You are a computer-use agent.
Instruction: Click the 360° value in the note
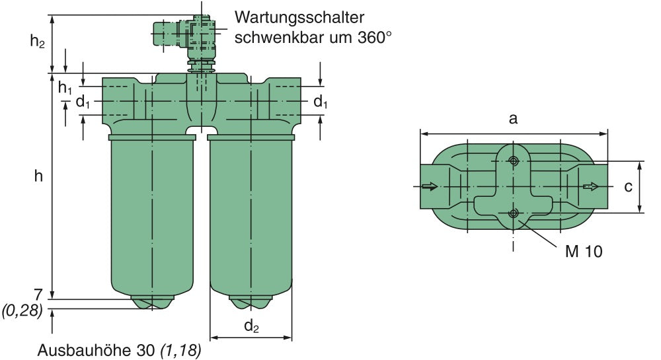pos(369,38)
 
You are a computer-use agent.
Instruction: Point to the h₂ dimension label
pos(38,41)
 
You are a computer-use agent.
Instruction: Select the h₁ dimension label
pos(64,87)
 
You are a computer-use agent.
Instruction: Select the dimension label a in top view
pos(512,119)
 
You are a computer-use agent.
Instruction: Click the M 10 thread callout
pos(584,251)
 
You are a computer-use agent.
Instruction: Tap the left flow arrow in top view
pos(430,187)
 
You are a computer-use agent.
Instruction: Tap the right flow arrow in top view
pos(590,187)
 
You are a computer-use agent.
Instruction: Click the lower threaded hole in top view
pos(513,213)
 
